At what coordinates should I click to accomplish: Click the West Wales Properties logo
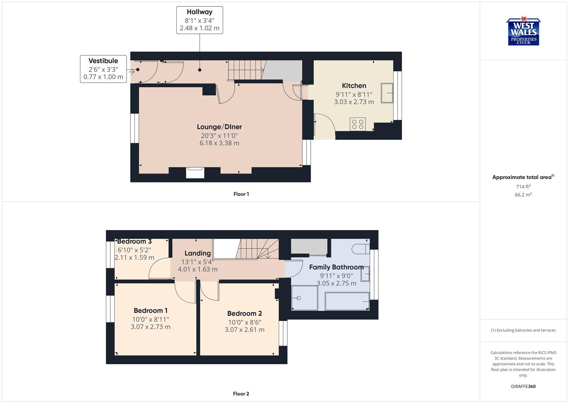click(523, 32)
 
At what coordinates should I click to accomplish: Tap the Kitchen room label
click(354, 85)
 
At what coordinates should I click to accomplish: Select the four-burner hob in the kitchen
click(358, 124)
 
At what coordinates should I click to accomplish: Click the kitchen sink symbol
click(387, 93)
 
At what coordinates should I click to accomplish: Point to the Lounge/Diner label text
click(219, 127)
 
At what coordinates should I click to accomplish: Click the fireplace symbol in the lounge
click(195, 173)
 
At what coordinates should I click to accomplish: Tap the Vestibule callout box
click(103, 69)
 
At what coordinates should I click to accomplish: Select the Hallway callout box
click(199, 20)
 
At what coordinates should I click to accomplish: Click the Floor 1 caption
click(241, 194)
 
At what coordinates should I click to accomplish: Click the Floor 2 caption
click(241, 394)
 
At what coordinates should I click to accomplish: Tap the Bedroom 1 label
click(151, 310)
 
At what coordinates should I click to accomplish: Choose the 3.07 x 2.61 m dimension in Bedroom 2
click(244, 330)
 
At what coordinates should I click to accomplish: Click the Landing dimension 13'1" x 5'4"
click(197, 262)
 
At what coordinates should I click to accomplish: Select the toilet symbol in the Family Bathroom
click(360, 249)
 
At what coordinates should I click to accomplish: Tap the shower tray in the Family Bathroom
click(304, 298)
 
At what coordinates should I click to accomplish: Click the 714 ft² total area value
click(523, 187)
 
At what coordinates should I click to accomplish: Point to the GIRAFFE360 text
click(523, 386)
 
